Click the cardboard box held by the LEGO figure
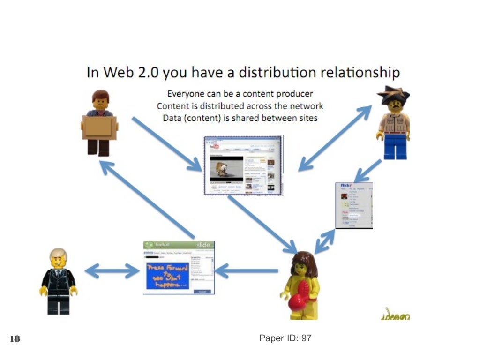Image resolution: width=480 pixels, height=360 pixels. [x=99, y=127]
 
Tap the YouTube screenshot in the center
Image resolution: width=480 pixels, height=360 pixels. [x=243, y=165]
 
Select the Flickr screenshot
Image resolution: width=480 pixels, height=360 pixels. [x=354, y=205]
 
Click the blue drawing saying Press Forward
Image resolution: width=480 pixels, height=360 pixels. [x=167, y=276]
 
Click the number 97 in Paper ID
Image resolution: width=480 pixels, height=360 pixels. [x=306, y=338]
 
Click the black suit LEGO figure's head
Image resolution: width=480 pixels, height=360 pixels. [x=59, y=257]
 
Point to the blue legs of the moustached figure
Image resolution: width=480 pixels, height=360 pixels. [x=395, y=145]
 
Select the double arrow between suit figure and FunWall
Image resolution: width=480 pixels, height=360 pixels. [x=112, y=270]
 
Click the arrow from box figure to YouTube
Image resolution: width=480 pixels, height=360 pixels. [x=167, y=143]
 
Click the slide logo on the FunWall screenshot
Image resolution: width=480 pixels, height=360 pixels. [x=203, y=245]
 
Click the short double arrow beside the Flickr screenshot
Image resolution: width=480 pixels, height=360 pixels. [x=324, y=241]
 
